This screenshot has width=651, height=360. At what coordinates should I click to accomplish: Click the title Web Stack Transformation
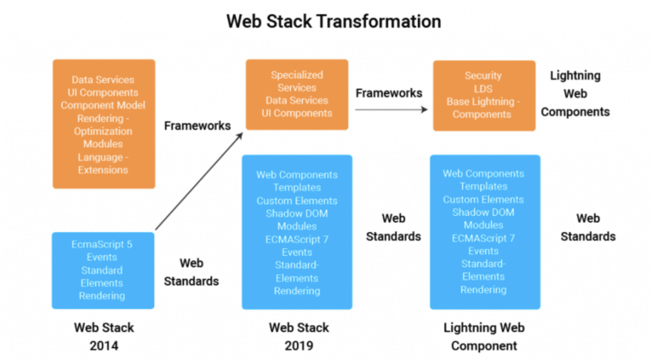pyautogui.click(x=333, y=21)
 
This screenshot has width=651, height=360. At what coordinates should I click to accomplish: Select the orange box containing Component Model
pyautogui.click(x=103, y=124)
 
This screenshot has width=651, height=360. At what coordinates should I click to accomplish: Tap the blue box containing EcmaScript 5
pyautogui.click(x=103, y=270)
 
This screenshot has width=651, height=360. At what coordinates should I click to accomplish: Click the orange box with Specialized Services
pyautogui.click(x=297, y=94)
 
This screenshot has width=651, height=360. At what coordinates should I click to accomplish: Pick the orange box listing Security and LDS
pyautogui.click(x=484, y=95)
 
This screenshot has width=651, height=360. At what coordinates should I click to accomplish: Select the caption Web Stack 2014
pyautogui.click(x=103, y=336)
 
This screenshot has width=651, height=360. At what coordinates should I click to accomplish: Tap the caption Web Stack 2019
pyautogui.click(x=298, y=336)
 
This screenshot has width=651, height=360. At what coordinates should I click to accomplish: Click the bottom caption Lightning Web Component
pyautogui.click(x=484, y=336)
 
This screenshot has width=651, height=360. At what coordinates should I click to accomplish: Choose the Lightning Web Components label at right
pyautogui.click(x=576, y=93)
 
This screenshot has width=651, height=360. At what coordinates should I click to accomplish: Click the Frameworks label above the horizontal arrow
pyautogui.click(x=388, y=92)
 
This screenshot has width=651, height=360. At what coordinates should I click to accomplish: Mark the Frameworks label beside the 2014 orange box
pyautogui.click(x=198, y=125)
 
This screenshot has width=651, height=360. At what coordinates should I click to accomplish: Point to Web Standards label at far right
pyautogui.click(x=587, y=227)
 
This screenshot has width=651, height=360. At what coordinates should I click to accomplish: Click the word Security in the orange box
pyautogui.click(x=483, y=75)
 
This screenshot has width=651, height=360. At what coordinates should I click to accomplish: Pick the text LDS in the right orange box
pyautogui.click(x=483, y=88)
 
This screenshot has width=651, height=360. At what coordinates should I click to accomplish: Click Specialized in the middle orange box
pyautogui.click(x=297, y=75)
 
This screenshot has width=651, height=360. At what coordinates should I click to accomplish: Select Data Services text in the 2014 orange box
pyautogui.click(x=103, y=79)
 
